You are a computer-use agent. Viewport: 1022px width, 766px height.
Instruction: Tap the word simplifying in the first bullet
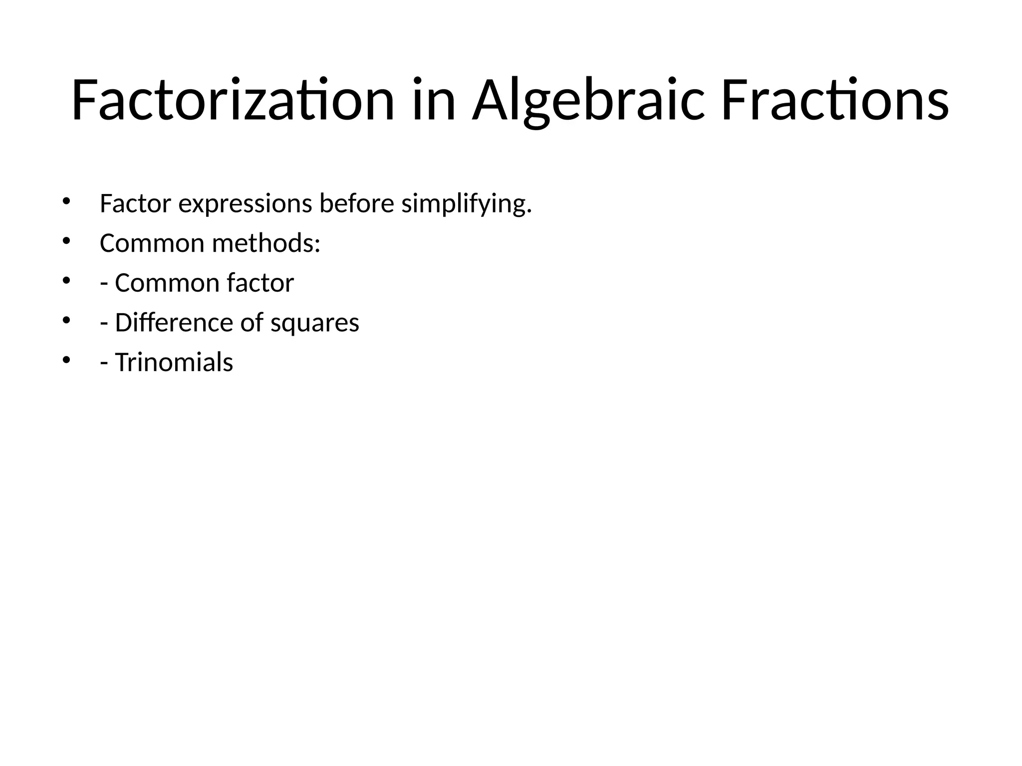(x=466, y=204)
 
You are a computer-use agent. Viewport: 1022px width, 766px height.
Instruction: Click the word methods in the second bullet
(x=265, y=243)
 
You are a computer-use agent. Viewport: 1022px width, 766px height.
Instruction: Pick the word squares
(x=314, y=323)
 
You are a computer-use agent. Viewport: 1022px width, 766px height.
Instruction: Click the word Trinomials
(x=174, y=362)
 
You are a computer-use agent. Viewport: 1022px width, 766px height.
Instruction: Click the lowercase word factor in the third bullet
(x=260, y=283)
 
